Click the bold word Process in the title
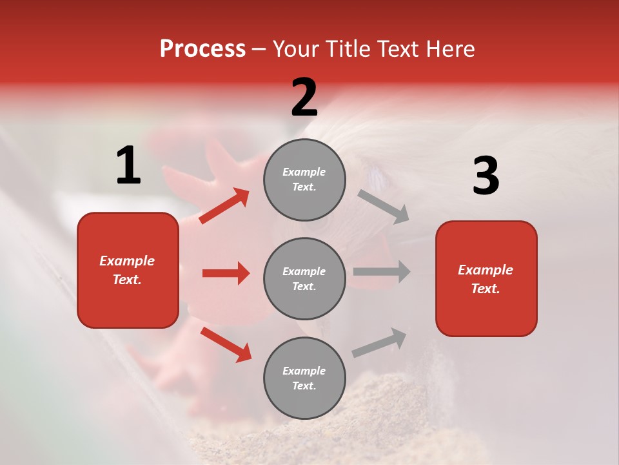point(202,49)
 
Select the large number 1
point(128,166)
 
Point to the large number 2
point(304,98)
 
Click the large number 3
point(486,176)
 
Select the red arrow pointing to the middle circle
point(226,273)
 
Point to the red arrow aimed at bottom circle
point(226,344)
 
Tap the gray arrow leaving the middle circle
point(382,271)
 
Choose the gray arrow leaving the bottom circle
point(380,342)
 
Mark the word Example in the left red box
point(127,261)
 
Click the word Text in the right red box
point(484,289)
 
